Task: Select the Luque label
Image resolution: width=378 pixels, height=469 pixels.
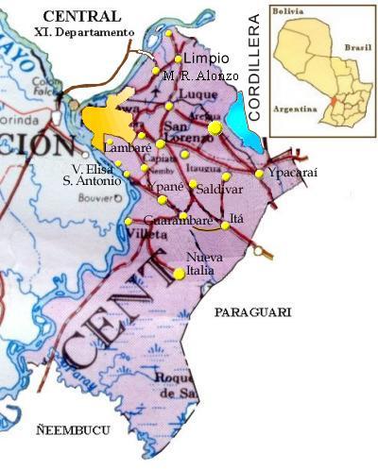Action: [191, 96]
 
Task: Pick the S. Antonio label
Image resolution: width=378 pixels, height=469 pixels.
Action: [91, 179]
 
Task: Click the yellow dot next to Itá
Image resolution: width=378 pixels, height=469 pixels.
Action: [226, 226]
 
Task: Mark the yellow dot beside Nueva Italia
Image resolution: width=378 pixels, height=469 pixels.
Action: [180, 274]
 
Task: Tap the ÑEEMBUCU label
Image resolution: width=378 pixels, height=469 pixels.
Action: [68, 429]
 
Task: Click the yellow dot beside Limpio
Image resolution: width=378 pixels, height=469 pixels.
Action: [177, 59]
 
